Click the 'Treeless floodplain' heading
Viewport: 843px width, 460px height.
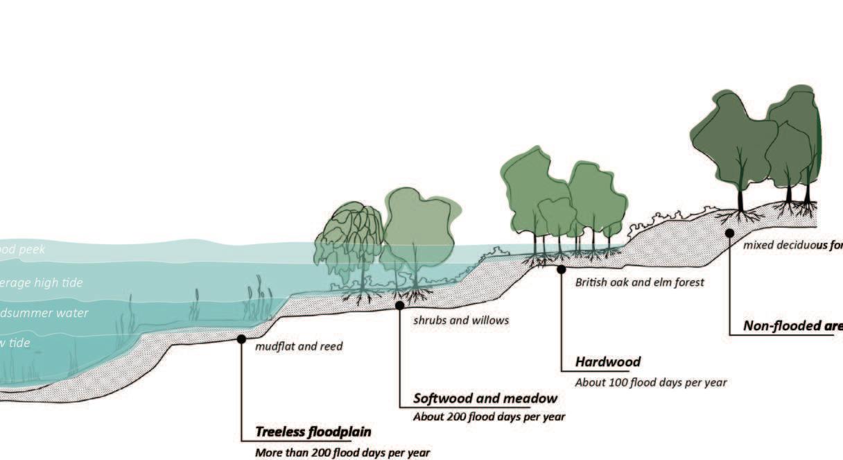click(x=313, y=432)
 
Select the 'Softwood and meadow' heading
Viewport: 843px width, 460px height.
click(x=485, y=398)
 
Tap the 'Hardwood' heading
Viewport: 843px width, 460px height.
click(x=608, y=361)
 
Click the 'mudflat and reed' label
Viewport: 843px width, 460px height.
click(x=299, y=346)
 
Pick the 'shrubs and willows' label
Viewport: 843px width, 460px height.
click(x=461, y=320)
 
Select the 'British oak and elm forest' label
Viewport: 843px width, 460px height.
click(x=639, y=282)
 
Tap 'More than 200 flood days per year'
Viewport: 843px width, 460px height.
click(x=342, y=452)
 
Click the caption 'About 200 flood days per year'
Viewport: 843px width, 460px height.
click(x=489, y=417)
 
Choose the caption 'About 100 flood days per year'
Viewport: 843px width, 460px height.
click(x=651, y=382)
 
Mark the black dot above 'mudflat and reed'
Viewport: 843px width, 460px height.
click(x=241, y=339)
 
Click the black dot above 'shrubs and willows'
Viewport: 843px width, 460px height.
click(x=400, y=305)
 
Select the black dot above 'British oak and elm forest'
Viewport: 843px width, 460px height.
click(x=562, y=269)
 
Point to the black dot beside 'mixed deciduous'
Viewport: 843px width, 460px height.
click(x=729, y=233)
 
